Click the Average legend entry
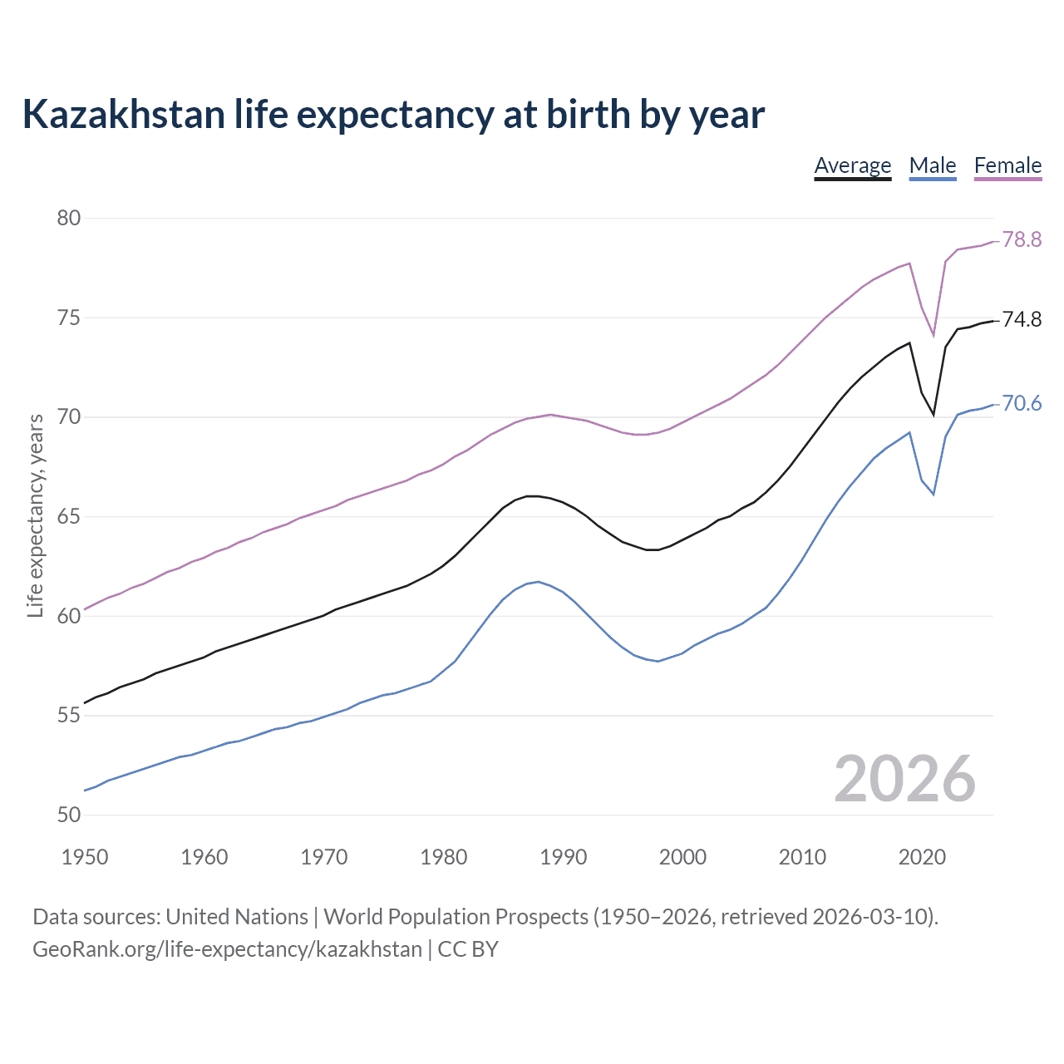[852, 165]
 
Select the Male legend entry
[932, 165]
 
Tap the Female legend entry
[1007, 165]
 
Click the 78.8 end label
[1022, 239]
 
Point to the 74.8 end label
[1022, 319]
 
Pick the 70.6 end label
[1022, 403]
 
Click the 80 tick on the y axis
[68, 218]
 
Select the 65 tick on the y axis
[68, 516]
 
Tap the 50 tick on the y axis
[68, 815]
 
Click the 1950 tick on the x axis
[85, 857]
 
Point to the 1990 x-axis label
[563, 857]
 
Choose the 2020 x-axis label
[921, 857]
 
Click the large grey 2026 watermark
[904, 779]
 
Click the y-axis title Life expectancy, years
[35, 515]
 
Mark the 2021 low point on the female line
[933, 336]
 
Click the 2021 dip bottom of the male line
[933, 495]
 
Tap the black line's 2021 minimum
[933, 415]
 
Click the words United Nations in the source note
[237, 917]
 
